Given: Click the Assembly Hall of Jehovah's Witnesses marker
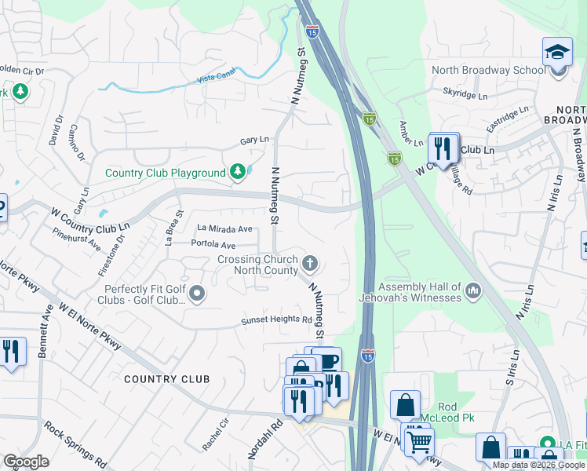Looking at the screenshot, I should tap(472, 292).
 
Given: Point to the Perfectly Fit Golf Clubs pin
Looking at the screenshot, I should tap(197, 294).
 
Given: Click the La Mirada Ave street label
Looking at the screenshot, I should tap(225, 229).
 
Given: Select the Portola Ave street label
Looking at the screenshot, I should tap(213, 245).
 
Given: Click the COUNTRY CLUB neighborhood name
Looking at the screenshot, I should tap(167, 379).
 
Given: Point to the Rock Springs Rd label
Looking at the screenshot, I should tap(76, 443).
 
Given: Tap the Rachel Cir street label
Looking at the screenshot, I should tap(215, 433).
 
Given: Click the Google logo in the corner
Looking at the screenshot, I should tap(26, 462).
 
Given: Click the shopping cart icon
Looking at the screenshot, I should tap(419, 441).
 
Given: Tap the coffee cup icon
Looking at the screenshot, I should tap(326, 360).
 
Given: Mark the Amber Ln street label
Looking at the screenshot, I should tap(411, 129).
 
